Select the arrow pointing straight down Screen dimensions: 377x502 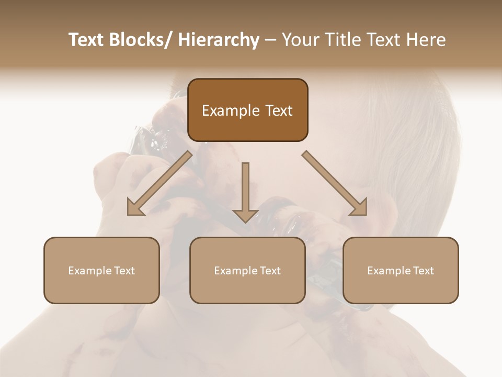[x=245, y=193]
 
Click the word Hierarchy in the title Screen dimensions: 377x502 [x=219, y=40]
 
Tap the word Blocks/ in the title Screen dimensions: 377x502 [x=142, y=40]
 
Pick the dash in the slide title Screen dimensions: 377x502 [x=271, y=40]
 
